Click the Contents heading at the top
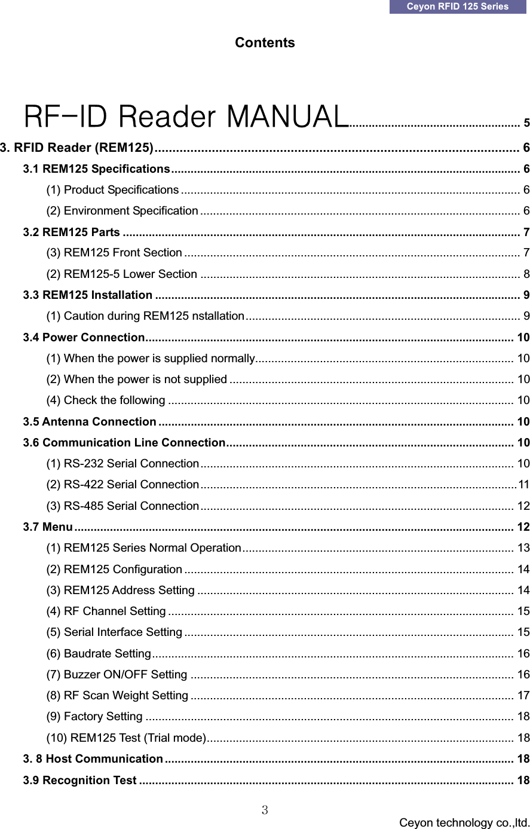tap(265, 43)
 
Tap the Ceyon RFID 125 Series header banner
tap(458, 7)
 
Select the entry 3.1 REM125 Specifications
tap(97, 169)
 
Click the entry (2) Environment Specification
tap(122, 210)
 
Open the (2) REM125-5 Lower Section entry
tap(122, 274)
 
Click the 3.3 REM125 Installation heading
tap(87, 295)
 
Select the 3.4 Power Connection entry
tap(84, 338)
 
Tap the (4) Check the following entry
tap(106, 400)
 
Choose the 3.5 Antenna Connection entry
tap(90, 422)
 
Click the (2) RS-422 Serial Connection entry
tap(122, 484)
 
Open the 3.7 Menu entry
tap(48, 527)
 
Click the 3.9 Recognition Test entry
tap(79, 780)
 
